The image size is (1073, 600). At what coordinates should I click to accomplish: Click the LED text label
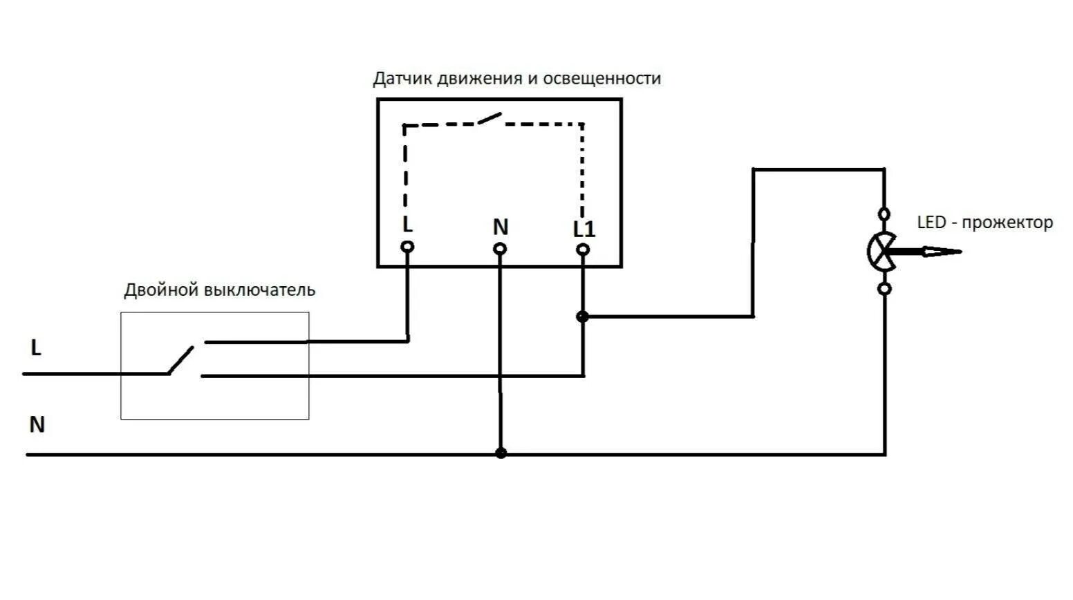coord(931,223)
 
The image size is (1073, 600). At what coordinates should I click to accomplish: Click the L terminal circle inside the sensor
coord(408,246)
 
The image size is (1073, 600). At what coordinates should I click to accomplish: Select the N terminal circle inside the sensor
coord(500,248)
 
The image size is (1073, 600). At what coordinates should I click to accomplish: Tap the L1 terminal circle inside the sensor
coord(583,249)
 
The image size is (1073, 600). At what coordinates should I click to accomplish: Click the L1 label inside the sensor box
coord(584,229)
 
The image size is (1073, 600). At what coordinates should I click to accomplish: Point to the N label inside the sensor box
coord(500,227)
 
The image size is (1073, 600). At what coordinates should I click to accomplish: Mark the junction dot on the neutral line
coord(501,453)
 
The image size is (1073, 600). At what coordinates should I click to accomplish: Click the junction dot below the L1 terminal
coord(582,317)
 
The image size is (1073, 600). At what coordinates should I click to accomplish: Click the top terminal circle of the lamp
coord(884,214)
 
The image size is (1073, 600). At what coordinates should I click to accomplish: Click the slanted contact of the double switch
coord(181,359)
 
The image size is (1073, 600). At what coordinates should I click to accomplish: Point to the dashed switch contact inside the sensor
coord(489,119)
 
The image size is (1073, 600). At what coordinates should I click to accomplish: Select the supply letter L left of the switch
coord(36,348)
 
